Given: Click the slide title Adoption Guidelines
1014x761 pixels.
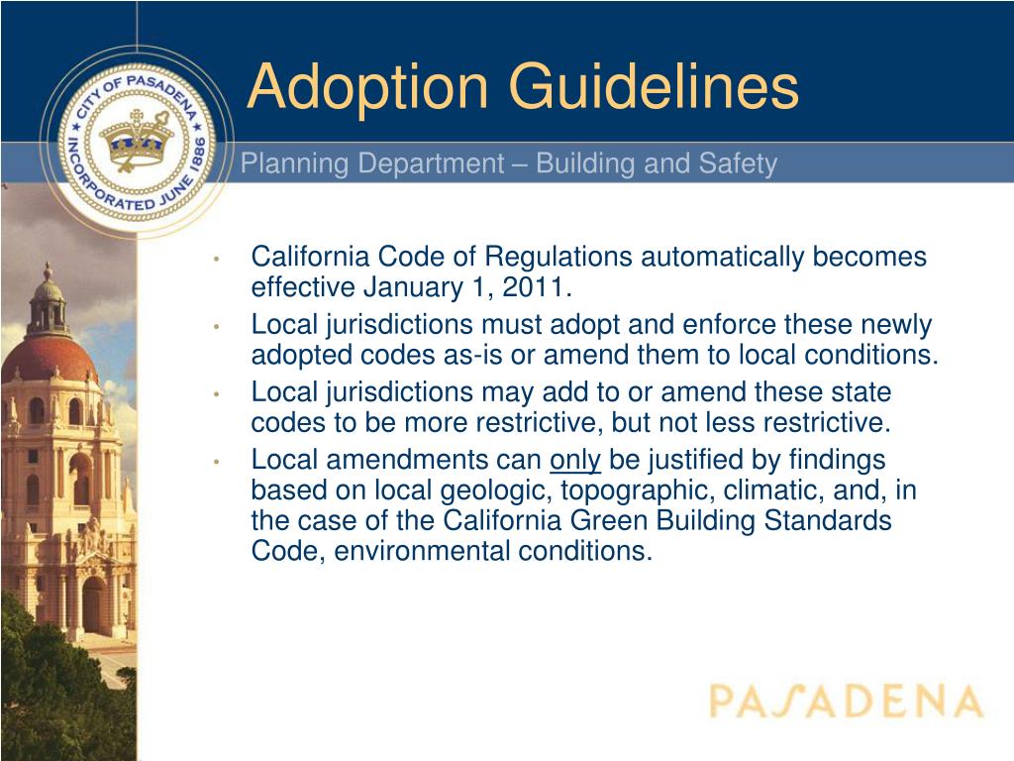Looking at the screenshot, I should pos(522,86).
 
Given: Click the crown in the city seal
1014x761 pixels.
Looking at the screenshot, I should pos(139,138).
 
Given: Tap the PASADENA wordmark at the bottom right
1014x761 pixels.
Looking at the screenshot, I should pos(846,702).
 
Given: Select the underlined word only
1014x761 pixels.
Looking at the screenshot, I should pos(575,460).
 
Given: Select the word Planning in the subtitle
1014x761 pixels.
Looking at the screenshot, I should pos(295,164).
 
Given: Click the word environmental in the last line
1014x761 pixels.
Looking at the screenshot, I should pos(423,552).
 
